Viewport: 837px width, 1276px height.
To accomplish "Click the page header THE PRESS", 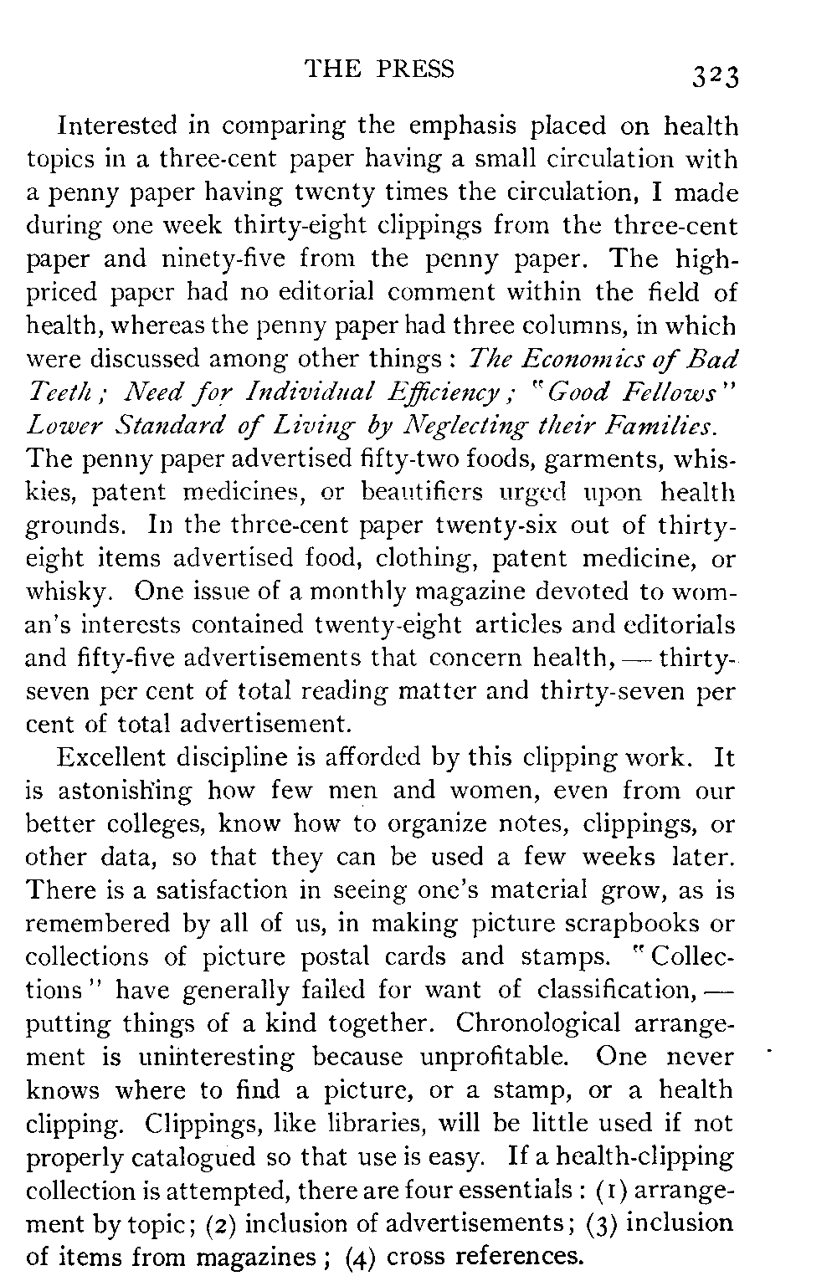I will point(380,69).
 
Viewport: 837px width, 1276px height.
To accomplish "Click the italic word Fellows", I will point(675,392).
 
